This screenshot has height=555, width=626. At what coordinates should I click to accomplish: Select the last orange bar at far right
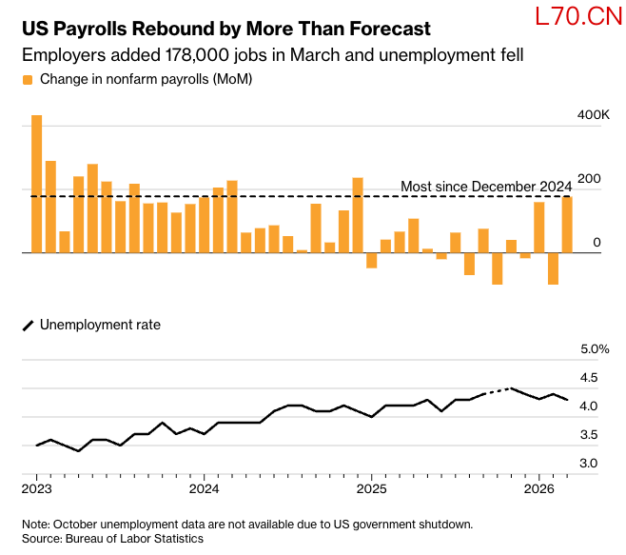[x=567, y=225]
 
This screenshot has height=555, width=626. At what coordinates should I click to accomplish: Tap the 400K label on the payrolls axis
[x=593, y=114]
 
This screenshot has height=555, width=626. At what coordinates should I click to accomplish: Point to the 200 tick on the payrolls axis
[x=589, y=179]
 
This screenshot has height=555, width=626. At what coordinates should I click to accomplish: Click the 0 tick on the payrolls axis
[x=597, y=244]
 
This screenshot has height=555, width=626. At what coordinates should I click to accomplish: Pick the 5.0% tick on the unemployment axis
[x=595, y=349]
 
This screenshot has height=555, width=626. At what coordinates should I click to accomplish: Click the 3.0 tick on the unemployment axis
[x=589, y=464]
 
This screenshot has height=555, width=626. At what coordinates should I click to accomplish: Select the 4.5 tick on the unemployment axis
[x=589, y=378]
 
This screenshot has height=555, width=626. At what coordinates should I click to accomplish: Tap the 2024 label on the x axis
[x=204, y=489]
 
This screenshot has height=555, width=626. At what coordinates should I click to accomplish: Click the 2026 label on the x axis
[x=538, y=489]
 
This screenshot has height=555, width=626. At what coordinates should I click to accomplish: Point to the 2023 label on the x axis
[x=37, y=489]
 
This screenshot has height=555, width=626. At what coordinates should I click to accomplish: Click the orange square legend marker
[x=28, y=79]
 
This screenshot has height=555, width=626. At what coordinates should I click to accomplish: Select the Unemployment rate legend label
[x=100, y=325]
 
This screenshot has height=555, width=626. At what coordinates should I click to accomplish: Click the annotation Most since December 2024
[x=485, y=186]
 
